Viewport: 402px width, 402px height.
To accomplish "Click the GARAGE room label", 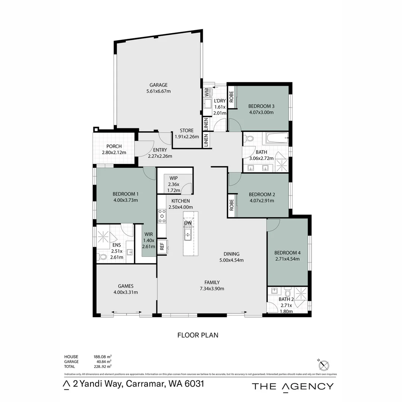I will [159, 85].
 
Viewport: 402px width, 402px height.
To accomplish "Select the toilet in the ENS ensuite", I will [102, 256].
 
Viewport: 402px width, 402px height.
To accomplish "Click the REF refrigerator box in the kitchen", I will [162, 246].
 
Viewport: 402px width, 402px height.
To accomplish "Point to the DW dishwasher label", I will [188, 223].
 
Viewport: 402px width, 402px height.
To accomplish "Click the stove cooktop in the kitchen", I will [162, 216].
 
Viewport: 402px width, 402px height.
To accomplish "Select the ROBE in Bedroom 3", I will [231, 97].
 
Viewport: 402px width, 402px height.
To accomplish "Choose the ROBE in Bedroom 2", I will [231, 205].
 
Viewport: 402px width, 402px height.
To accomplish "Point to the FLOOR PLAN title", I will [198, 335].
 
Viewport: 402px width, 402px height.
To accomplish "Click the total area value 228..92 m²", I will [102, 366].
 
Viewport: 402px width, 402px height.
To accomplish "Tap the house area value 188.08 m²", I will [102, 357].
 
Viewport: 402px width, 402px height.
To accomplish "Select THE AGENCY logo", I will [293, 386].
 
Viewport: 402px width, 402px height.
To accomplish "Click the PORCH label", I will [114, 146].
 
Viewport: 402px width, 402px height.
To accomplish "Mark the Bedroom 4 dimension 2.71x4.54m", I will [287, 259].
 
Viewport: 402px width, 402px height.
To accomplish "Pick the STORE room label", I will [186, 130].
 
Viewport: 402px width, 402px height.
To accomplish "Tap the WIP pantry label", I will [173, 178].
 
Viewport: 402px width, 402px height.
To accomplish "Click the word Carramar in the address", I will [144, 384].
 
